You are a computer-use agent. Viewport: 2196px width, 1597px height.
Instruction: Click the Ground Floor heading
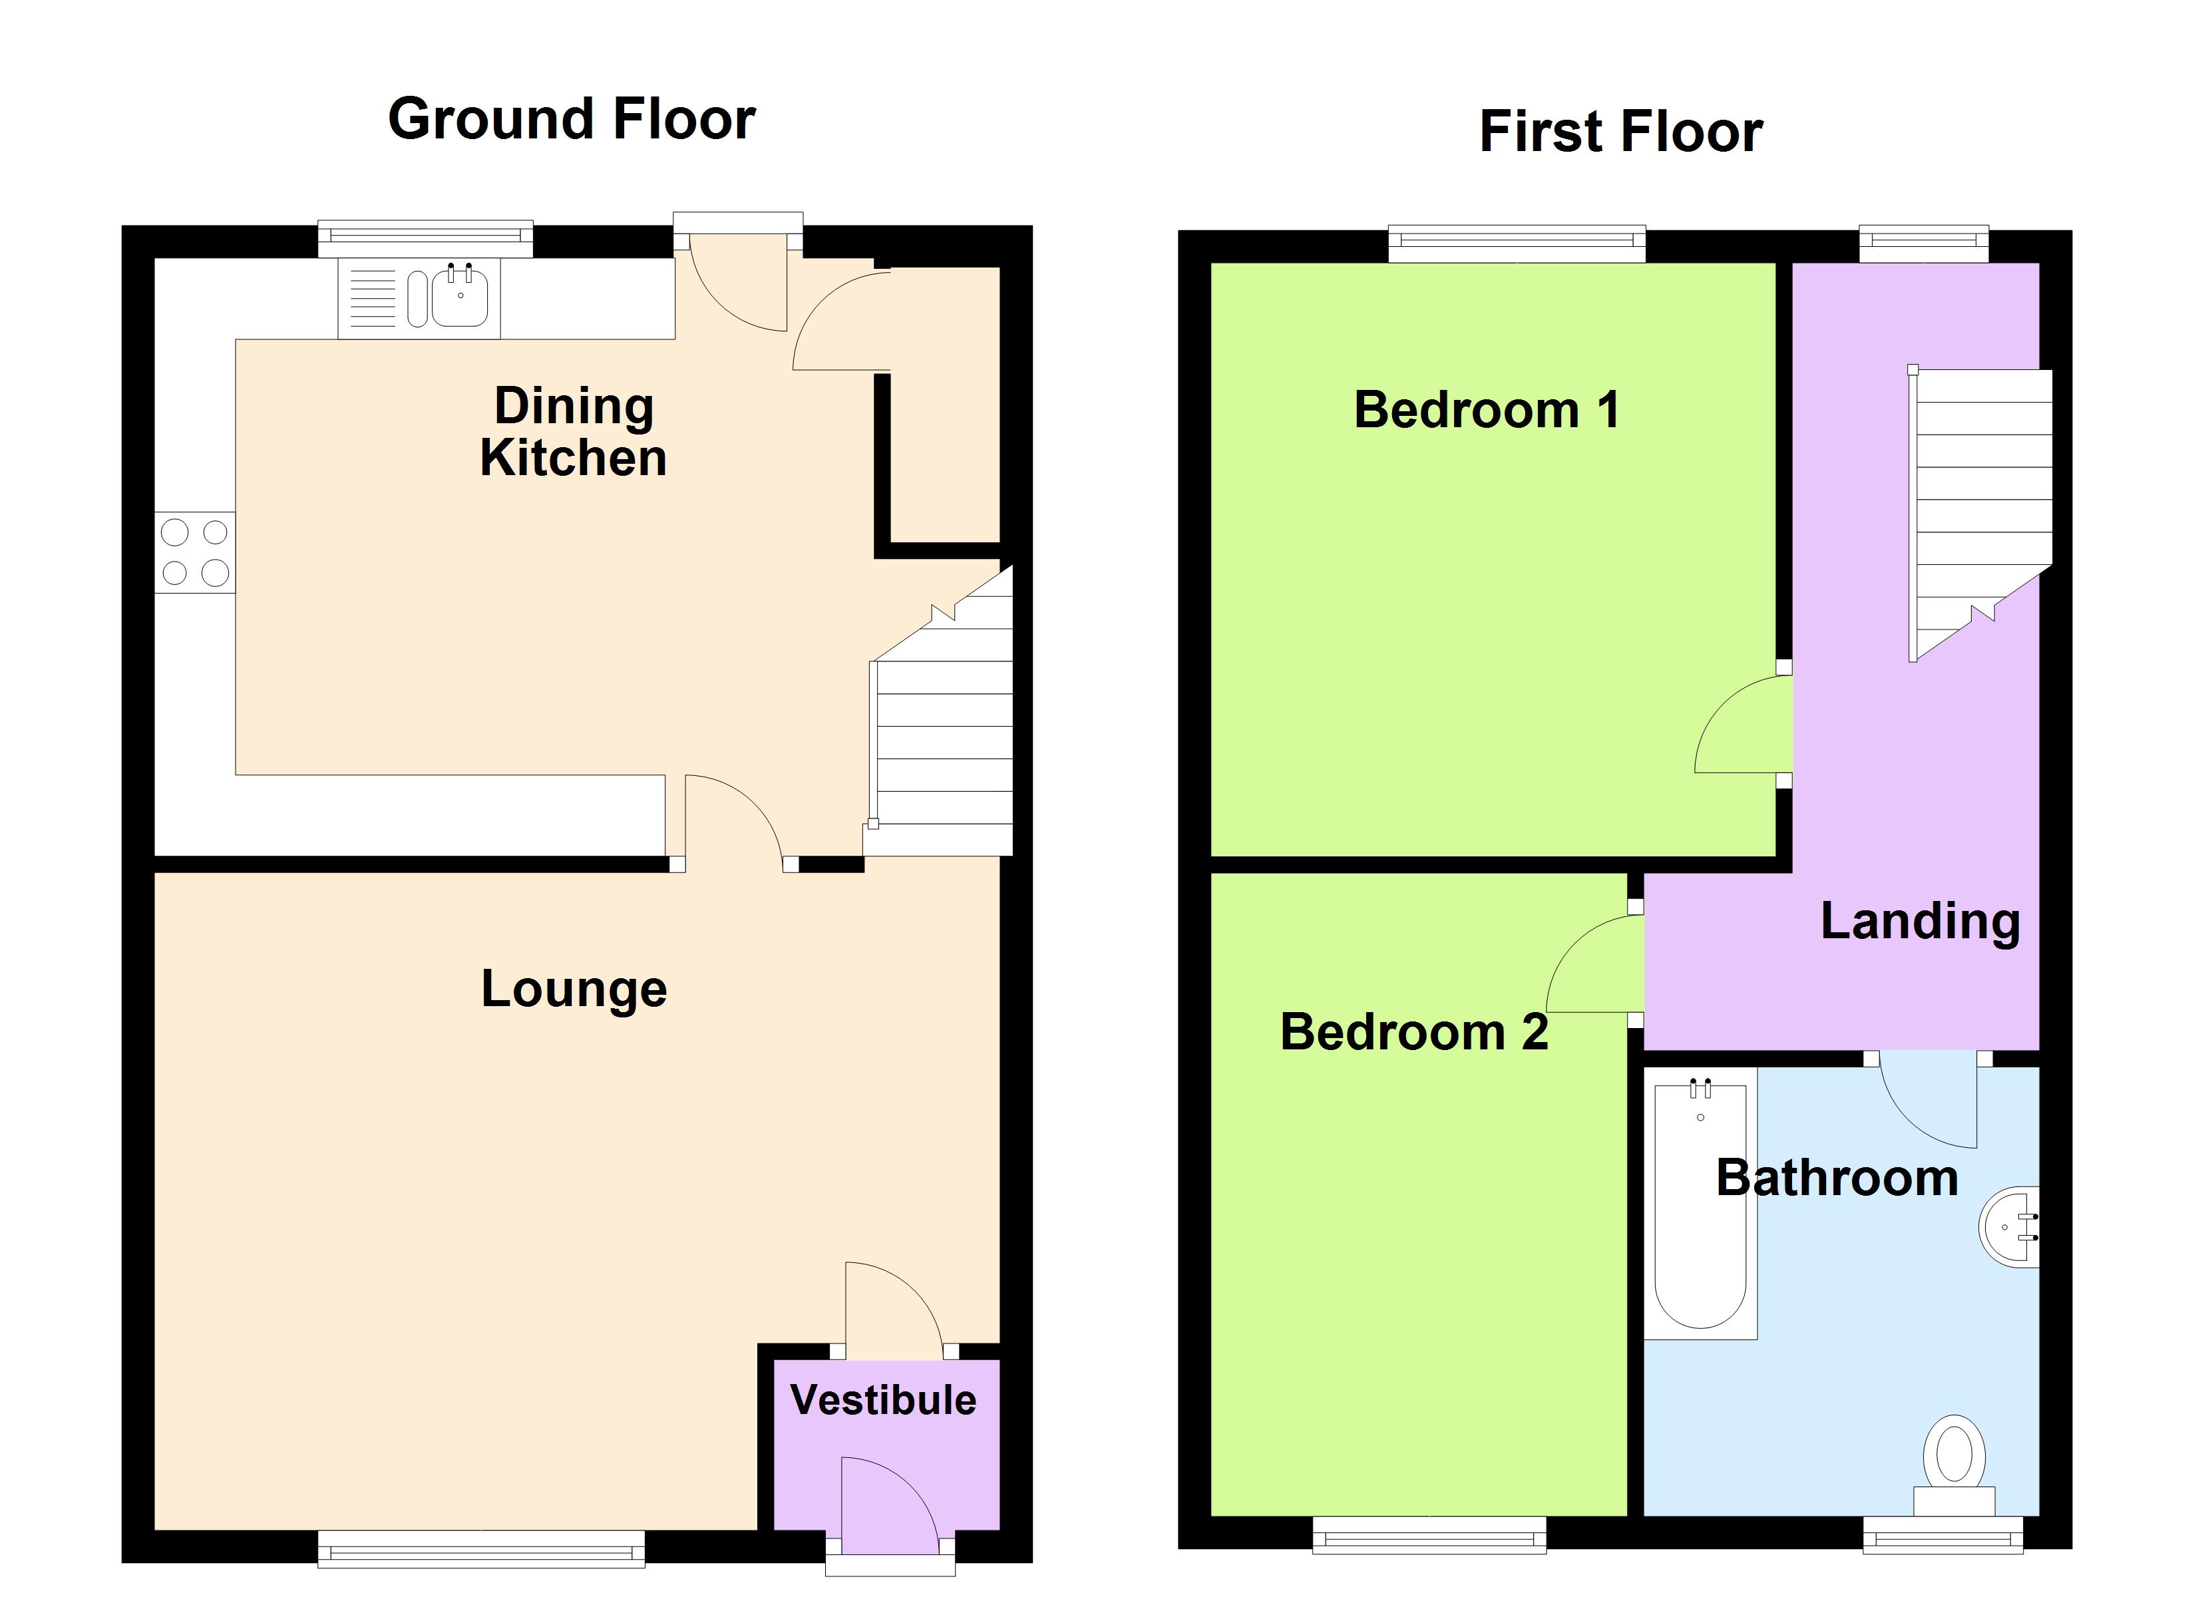tap(571, 119)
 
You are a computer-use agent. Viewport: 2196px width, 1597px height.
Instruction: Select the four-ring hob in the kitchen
tap(194, 552)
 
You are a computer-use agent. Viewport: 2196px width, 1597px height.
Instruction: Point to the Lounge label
tap(574, 989)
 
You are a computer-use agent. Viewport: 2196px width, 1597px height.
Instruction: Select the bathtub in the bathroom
tap(1700, 1205)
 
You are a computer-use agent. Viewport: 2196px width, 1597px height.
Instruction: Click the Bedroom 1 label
tap(1486, 410)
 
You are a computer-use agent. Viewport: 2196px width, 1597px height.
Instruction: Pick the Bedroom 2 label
tap(1413, 1031)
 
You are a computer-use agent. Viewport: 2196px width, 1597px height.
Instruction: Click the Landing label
tap(1920, 921)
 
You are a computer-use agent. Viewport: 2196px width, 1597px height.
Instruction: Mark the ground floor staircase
tap(944, 736)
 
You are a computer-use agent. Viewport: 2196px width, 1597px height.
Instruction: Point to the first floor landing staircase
tap(1980, 504)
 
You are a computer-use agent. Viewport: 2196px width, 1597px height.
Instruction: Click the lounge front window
tap(481, 1548)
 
